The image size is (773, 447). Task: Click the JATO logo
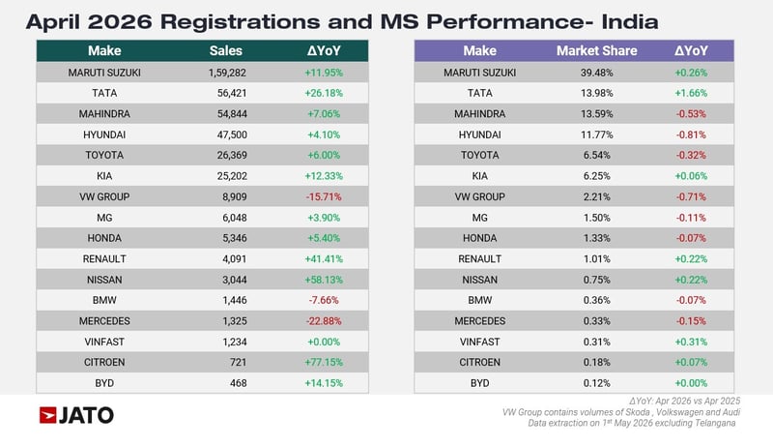click(x=76, y=415)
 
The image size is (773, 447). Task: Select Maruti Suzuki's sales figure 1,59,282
click(x=227, y=73)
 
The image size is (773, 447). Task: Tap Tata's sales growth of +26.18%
click(x=324, y=93)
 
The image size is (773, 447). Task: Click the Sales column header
click(x=226, y=51)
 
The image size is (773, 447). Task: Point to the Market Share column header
click(x=596, y=51)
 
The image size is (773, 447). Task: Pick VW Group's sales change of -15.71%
click(x=324, y=196)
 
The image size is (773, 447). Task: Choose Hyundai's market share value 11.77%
click(x=596, y=134)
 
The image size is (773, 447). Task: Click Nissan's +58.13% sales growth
click(x=324, y=280)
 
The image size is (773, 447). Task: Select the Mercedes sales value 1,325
click(x=235, y=321)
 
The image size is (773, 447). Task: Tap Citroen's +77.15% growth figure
click(x=324, y=362)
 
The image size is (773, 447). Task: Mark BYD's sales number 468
click(x=238, y=383)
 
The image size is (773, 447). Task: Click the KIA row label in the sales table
click(x=104, y=176)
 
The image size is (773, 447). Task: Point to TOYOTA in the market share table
click(x=479, y=156)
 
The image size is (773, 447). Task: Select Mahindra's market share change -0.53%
click(x=691, y=114)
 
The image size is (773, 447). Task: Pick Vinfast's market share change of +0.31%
click(x=691, y=342)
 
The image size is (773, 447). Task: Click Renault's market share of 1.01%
click(x=596, y=259)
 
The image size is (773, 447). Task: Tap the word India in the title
click(x=630, y=21)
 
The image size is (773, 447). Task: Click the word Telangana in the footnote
click(x=715, y=424)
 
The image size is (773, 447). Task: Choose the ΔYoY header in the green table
click(x=324, y=51)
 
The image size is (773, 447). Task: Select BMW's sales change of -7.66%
click(x=324, y=301)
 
